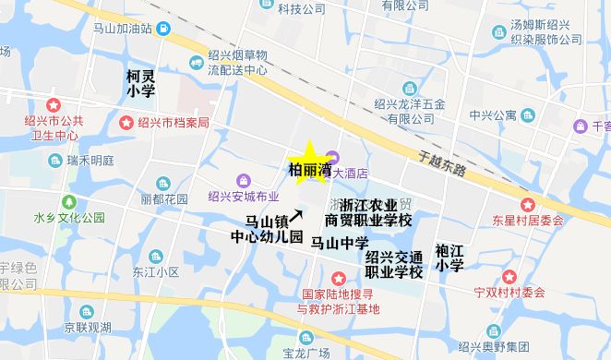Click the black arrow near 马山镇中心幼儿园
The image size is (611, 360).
296,214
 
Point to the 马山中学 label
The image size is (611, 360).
339,244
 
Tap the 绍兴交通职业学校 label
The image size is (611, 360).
394,264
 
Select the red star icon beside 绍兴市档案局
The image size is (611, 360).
126,122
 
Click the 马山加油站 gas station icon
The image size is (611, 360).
162,29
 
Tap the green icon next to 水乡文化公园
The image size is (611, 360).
66,200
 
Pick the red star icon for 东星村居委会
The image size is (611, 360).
527,204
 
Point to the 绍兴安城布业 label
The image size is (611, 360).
243,196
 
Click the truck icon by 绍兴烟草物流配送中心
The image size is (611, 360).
197,62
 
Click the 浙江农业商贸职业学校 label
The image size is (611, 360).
368,212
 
